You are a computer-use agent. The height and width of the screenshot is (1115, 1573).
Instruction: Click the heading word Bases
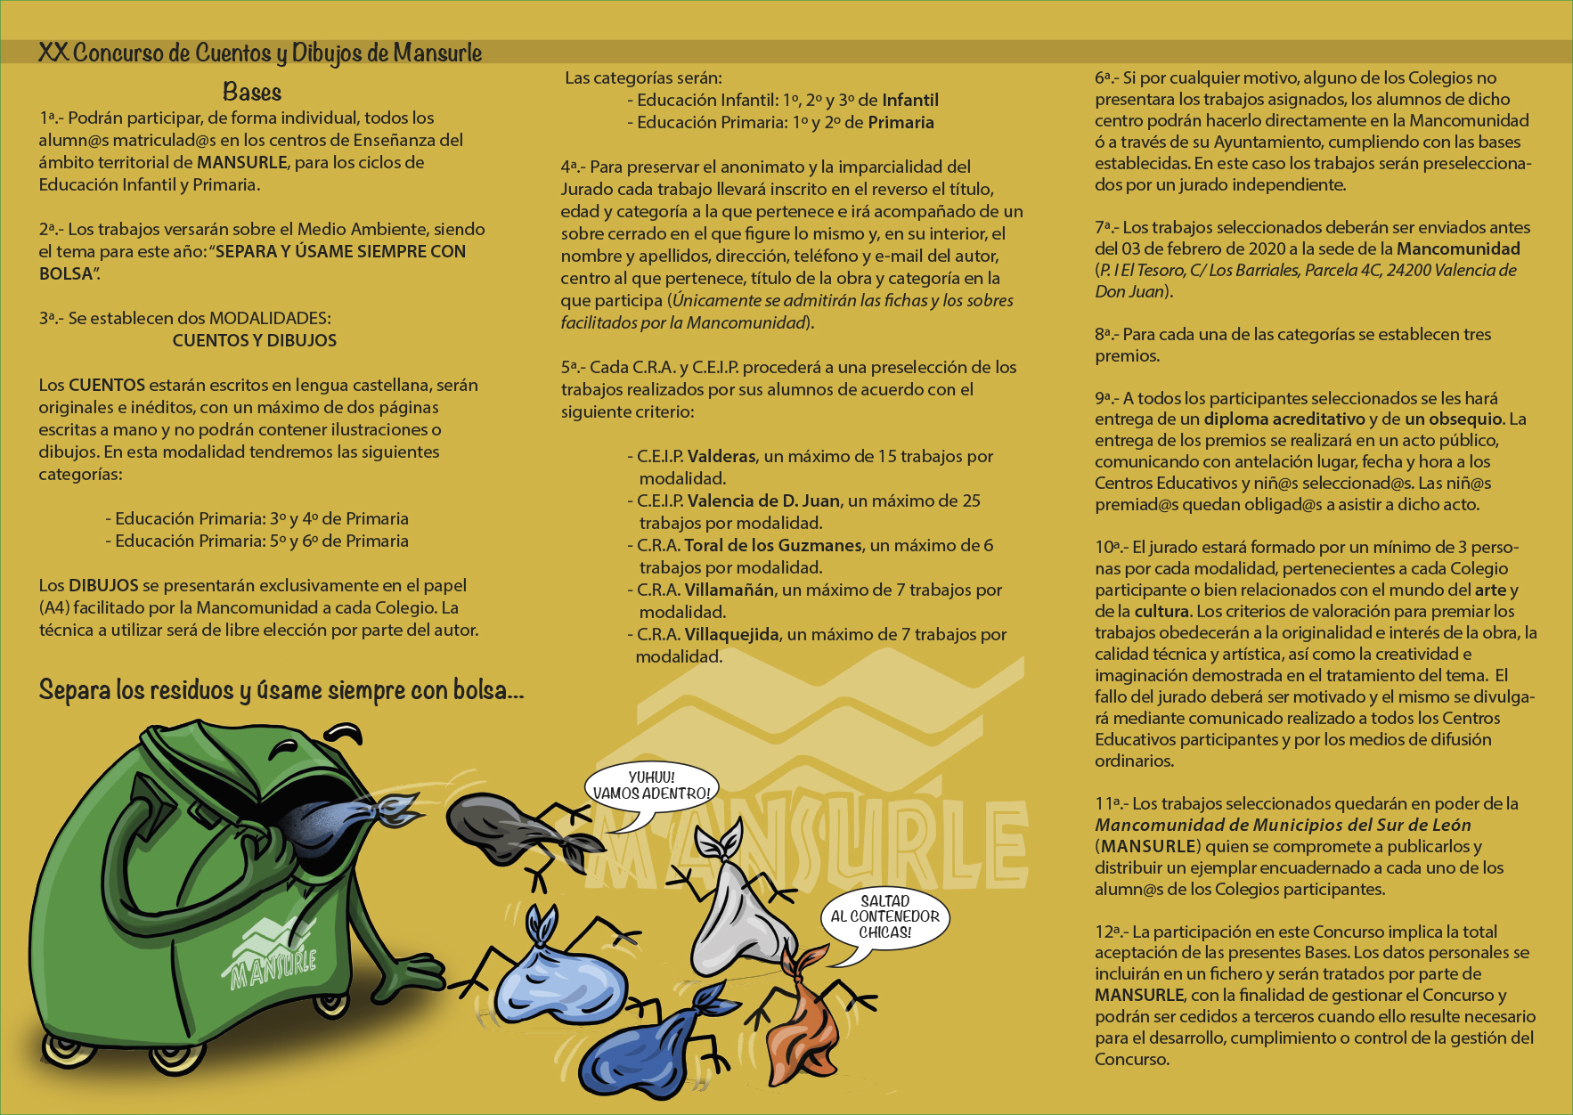[x=252, y=92]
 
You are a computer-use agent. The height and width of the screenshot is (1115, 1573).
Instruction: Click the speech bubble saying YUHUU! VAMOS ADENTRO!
[x=651, y=785]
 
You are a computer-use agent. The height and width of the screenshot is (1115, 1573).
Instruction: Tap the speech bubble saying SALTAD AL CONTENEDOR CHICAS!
[x=884, y=916]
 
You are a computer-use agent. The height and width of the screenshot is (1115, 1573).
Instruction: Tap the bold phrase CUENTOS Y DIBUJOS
[x=255, y=340]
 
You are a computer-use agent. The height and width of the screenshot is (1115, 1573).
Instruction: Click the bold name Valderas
[x=721, y=456]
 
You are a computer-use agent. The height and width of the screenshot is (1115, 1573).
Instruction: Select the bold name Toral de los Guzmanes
[x=773, y=545]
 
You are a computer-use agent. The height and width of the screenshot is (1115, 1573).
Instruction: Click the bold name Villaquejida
[x=732, y=634]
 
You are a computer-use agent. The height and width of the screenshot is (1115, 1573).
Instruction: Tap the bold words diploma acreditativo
[x=1284, y=419]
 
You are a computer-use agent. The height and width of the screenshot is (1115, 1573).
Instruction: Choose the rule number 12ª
[x=1110, y=932]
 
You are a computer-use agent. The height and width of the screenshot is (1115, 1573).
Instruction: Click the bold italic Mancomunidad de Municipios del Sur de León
[x=1283, y=825]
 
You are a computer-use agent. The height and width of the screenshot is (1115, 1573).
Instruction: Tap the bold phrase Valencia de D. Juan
[x=763, y=501]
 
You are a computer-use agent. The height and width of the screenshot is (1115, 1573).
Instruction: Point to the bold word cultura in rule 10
[x=1162, y=611]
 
